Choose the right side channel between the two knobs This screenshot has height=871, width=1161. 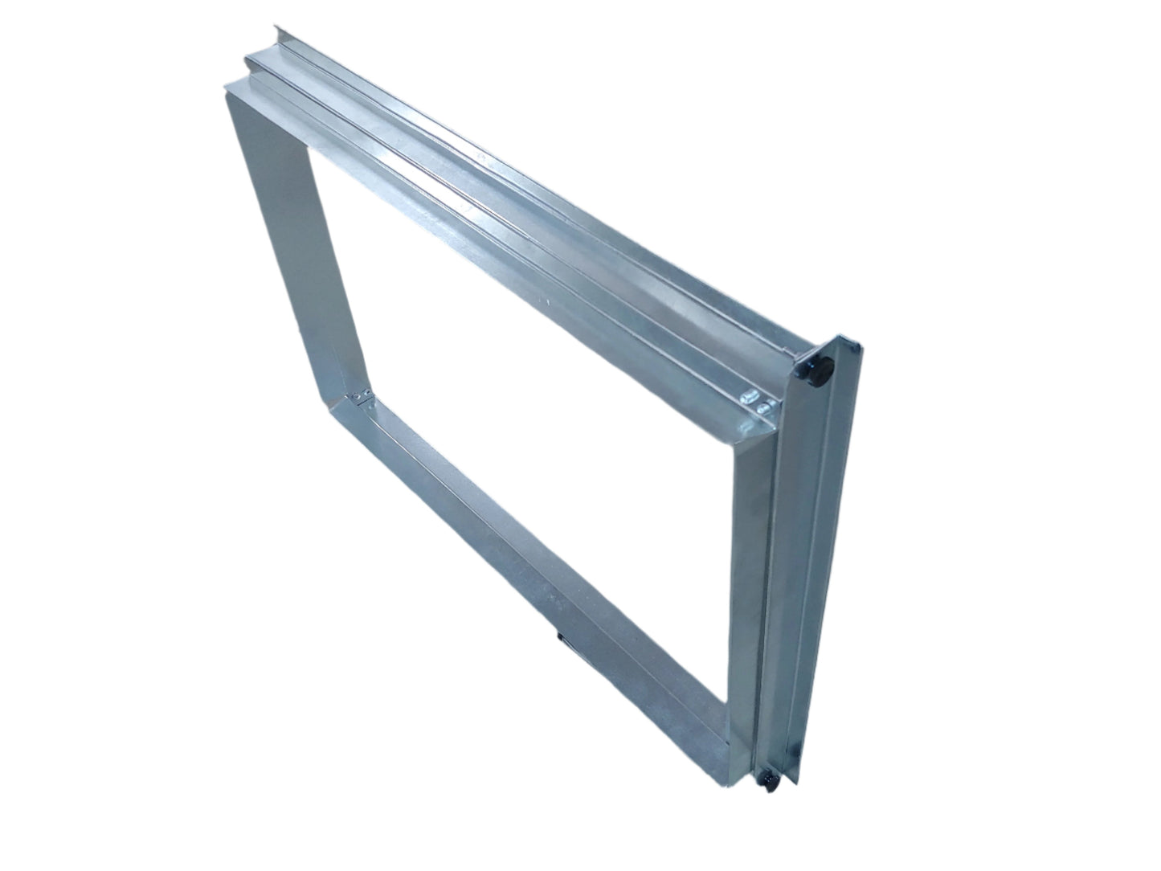(x=795, y=562)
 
